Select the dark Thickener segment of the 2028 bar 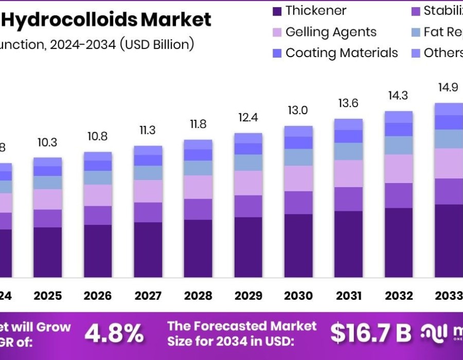coord(198,248)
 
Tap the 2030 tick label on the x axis coord(298,296)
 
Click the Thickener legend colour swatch coord(277,11)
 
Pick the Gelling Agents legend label coord(331,32)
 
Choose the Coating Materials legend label coord(342,53)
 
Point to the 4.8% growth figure coord(114,334)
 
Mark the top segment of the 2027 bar coord(148,150)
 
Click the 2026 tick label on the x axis coord(98,296)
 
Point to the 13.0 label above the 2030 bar coord(298,111)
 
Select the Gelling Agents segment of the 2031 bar coord(348,173)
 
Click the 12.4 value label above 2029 coord(248,118)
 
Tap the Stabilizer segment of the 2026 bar coord(98,215)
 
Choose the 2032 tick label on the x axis coord(399,296)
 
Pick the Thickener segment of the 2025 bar coord(48,252)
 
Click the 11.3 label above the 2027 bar coord(148,131)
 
